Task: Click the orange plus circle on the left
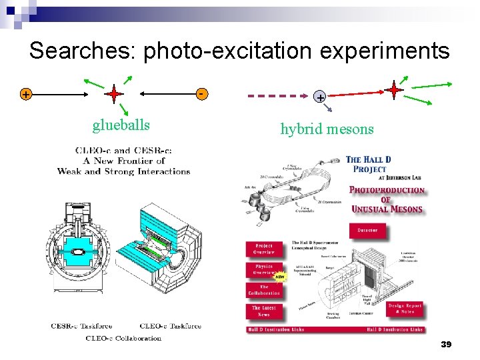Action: click(25, 95)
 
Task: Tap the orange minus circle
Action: click(201, 94)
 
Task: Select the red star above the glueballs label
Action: click(114, 95)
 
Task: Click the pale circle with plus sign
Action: click(321, 97)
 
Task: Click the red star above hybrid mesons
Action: click(393, 89)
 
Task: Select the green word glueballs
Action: click(121, 125)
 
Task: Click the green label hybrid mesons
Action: click(327, 129)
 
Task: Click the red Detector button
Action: click(367, 230)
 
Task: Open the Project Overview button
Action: click(263, 249)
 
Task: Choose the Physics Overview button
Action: click(263, 270)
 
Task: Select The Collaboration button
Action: click(263, 291)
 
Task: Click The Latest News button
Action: click(263, 311)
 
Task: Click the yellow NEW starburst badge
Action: click(279, 275)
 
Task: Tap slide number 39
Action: click(446, 344)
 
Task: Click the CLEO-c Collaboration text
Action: click(123, 338)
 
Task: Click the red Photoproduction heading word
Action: click(387, 190)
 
